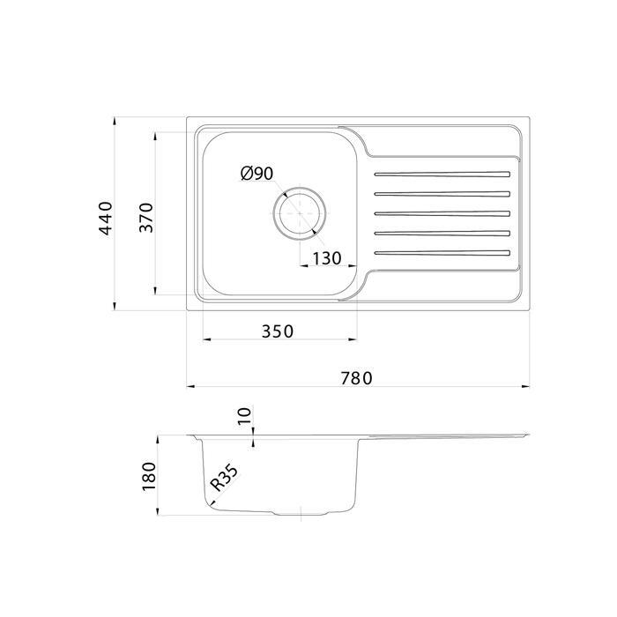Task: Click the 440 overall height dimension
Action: pos(106,219)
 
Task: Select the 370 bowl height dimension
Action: pos(146,218)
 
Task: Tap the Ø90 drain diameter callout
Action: pos(257,173)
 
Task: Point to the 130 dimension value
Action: pos(327,258)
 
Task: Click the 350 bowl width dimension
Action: pos(278,331)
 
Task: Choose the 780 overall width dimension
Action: pos(356,378)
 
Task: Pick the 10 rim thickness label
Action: pos(244,416)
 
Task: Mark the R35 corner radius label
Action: pos(224,478)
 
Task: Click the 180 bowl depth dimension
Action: pos(149,476)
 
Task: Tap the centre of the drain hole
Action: pos(300,213)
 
